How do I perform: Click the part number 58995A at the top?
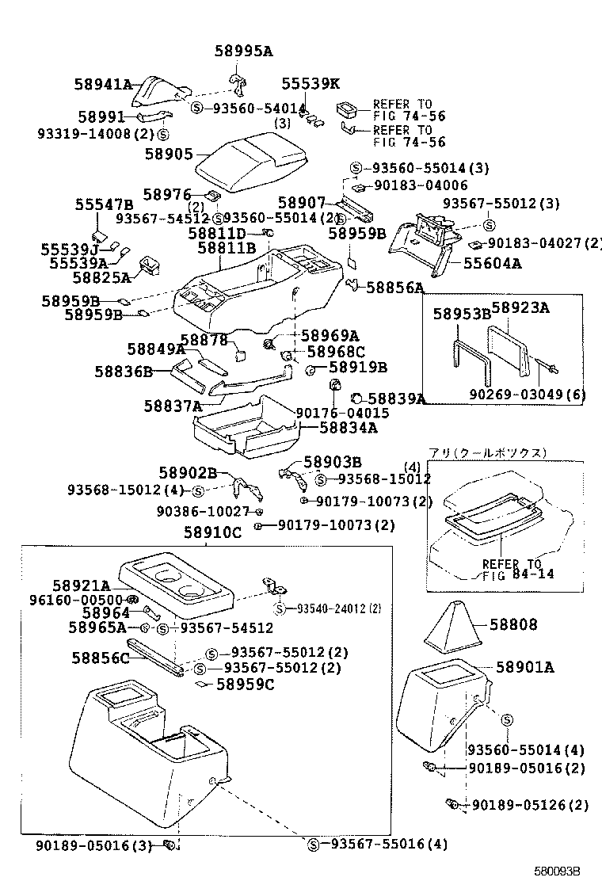coord(243,51)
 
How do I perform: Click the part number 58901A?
coord(525,667)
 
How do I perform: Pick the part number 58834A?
coord(349,428)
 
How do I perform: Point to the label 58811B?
coord(227,248)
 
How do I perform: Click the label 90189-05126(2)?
coord(530,805)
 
